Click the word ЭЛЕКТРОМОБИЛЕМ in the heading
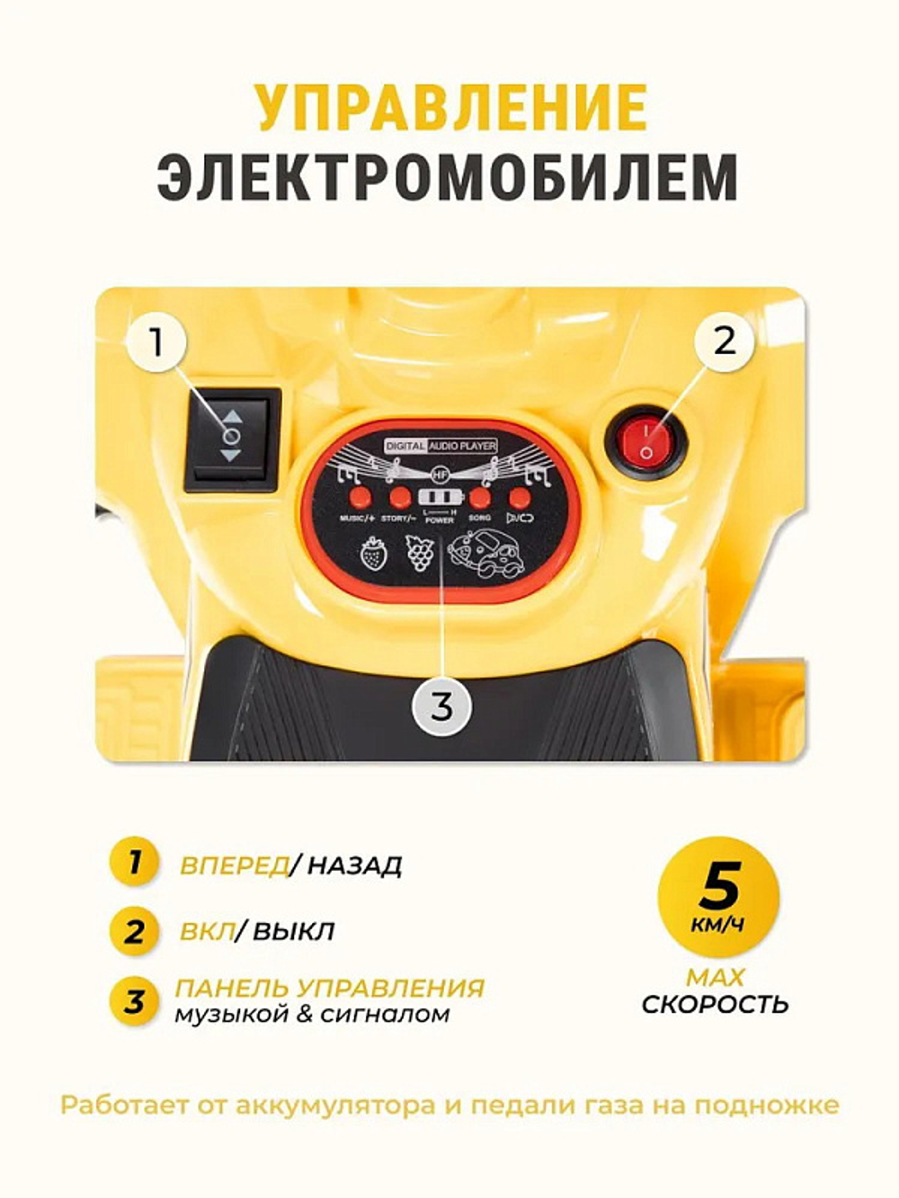tap(449, 177)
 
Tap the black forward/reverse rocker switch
tap(232, 439)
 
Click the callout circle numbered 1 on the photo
tap(157, 342)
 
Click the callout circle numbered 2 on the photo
tap(725, 340)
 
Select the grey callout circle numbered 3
tap(441, 705)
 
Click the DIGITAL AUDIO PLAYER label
tap(441, 446)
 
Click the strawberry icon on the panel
tap(372, 552)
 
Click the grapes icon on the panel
tap(419, 552)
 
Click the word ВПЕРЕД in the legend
tap(235, 865)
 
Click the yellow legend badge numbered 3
tap(133, 1000)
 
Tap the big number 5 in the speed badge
tap(719, 886)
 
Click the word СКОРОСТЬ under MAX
tap(716, 1004)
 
